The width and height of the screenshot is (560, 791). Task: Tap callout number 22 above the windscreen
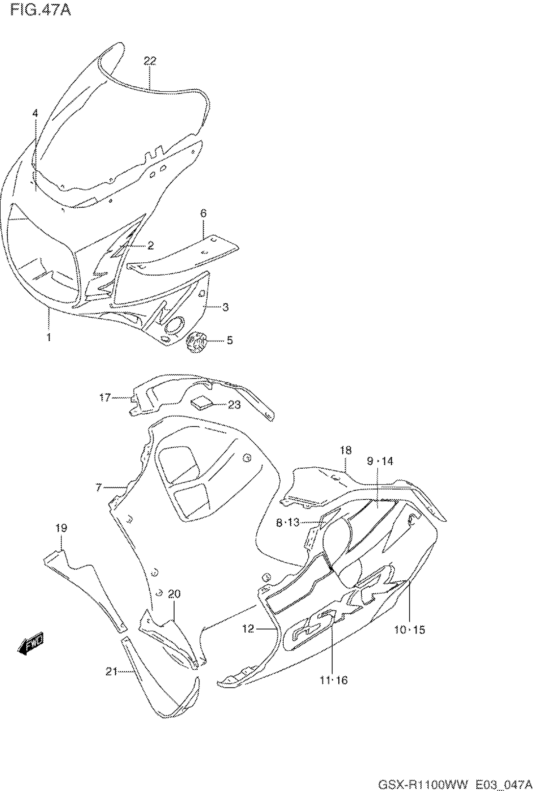coord(150,61)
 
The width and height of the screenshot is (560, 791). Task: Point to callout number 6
coord(203,214)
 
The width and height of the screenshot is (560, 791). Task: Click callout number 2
coord(150,246)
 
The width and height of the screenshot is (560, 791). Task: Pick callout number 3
coord(225,307)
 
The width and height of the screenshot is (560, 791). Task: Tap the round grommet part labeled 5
coord(196,341)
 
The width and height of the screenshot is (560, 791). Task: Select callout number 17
coord(104,398)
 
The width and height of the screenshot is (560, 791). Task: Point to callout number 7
coord(99,487)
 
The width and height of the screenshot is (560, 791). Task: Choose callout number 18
coord(346,450)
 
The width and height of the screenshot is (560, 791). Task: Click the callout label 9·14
coord(380,461)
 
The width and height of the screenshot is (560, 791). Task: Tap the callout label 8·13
coord(288,523)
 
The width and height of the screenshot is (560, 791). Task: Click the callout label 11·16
coord(333,681)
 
